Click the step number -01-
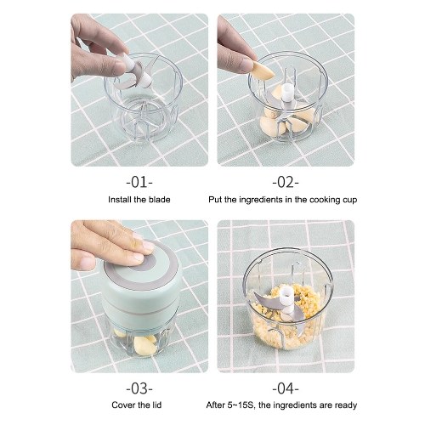139,182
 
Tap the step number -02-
286,182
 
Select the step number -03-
139,388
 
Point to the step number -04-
286,388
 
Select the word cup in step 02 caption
349,201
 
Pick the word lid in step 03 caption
156,405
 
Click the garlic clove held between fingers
263,71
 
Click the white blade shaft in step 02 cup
287,93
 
